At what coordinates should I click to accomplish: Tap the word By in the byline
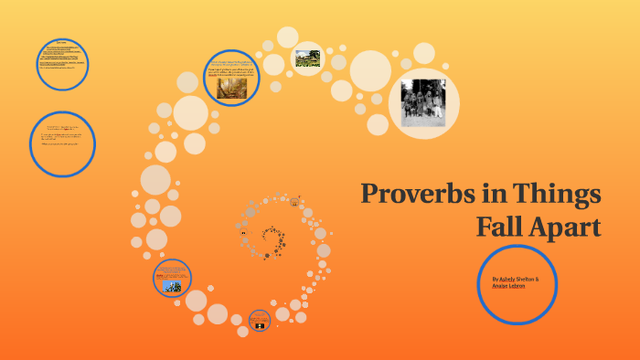coord(495,279)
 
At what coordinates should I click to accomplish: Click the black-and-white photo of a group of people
coord(423,101)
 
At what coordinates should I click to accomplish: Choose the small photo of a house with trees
coord(306,59)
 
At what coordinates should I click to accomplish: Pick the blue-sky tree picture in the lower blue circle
coord(172,285)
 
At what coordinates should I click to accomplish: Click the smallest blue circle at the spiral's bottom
coord(260,321)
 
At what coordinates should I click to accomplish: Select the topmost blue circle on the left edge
coord(62,63)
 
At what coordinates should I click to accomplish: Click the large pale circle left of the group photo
coord(370,70)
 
